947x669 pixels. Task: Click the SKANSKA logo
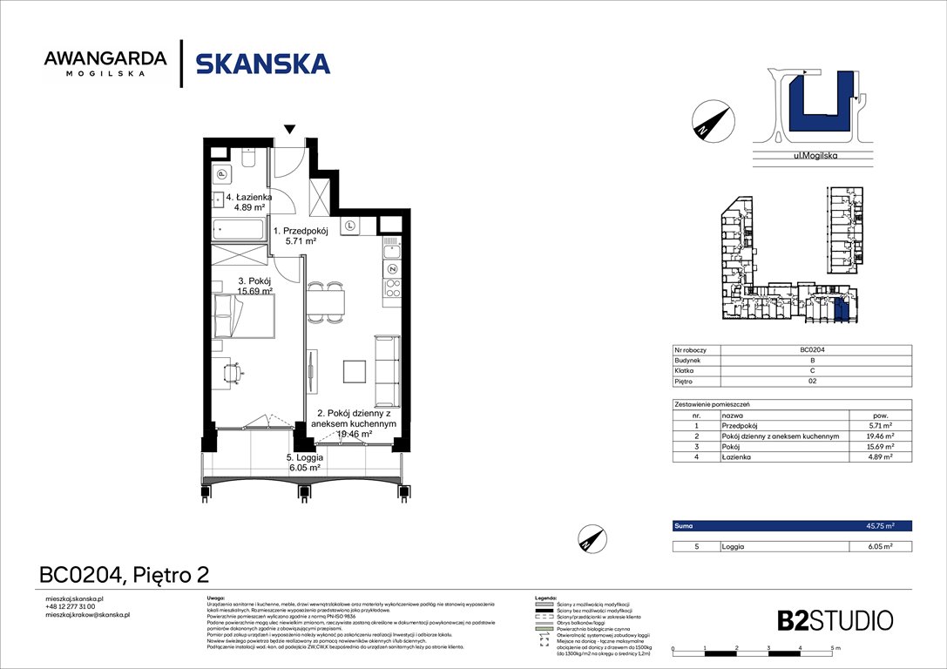(262, 64)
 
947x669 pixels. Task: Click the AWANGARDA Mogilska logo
(105, 64)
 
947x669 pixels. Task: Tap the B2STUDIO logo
(835, 620)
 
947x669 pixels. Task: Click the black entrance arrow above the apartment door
(289, 130)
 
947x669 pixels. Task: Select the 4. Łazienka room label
(248, 202)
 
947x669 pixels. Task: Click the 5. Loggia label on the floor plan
(305, 462)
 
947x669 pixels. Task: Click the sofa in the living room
(386, 370)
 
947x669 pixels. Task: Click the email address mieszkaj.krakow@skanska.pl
(87, 615)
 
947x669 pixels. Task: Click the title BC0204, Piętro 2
(125, 575)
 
